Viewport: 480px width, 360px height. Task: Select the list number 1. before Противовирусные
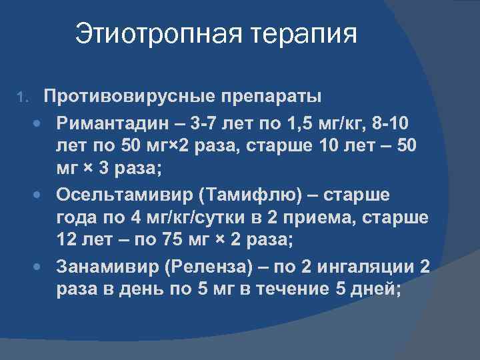(23, 98)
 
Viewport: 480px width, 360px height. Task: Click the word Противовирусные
(126, 96)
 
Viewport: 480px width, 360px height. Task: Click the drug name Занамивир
(103, 267)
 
